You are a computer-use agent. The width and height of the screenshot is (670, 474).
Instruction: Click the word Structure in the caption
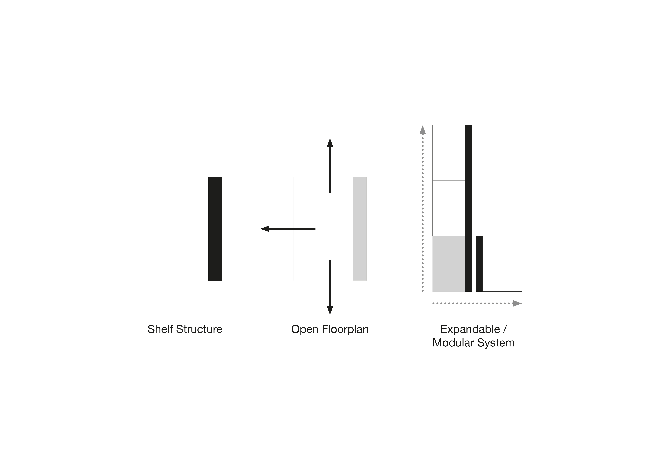199,329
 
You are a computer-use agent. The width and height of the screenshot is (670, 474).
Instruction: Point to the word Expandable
470,329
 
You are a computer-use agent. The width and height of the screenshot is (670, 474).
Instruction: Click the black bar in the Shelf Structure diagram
215,229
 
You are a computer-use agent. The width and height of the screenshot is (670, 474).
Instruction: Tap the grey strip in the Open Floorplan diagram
360,229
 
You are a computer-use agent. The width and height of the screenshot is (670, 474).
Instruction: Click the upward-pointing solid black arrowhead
330,143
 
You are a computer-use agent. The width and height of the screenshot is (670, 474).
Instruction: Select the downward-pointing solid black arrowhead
330,310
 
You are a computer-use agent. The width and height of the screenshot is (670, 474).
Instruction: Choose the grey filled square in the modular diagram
449,264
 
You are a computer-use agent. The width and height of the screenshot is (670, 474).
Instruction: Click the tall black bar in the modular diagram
468,208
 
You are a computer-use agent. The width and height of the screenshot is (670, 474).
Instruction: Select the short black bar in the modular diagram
479,264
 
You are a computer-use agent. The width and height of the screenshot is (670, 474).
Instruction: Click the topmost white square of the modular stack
449,153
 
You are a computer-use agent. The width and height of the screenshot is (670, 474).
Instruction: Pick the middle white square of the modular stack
449,208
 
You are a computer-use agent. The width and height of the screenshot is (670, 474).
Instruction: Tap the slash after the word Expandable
505,329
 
